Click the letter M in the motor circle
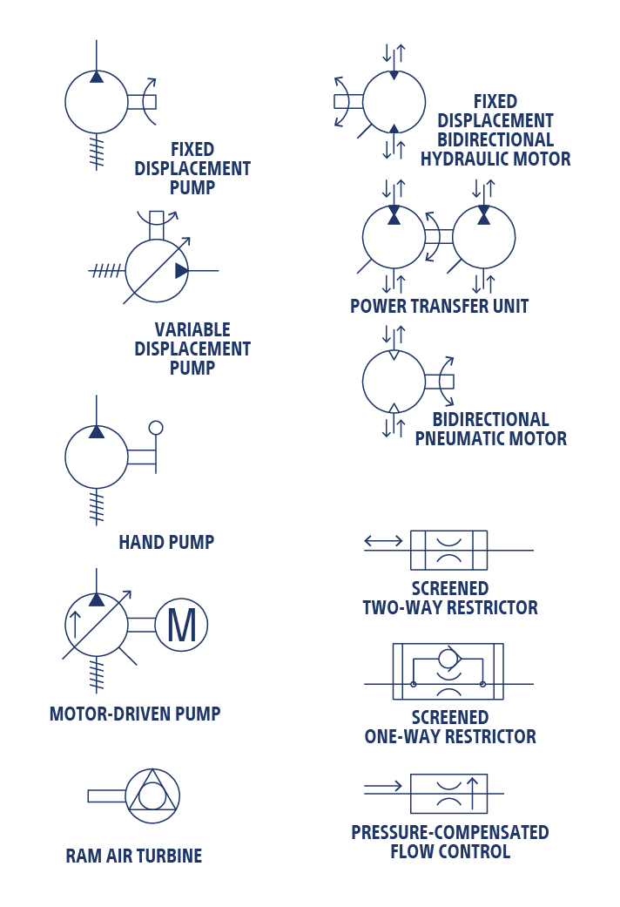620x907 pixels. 181,626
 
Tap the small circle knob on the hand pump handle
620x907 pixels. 156,428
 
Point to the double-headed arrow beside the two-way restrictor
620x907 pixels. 383,541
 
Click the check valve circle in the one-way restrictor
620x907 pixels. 448,658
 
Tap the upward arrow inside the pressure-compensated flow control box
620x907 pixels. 473,793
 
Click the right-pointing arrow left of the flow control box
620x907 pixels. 383,788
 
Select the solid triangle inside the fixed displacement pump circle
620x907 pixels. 97,77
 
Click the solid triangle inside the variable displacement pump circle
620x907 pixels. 181,271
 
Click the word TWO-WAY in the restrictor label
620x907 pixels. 399,608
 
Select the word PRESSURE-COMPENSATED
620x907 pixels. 450,833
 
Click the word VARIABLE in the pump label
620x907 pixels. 192,330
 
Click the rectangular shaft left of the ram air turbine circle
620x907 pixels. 106,795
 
